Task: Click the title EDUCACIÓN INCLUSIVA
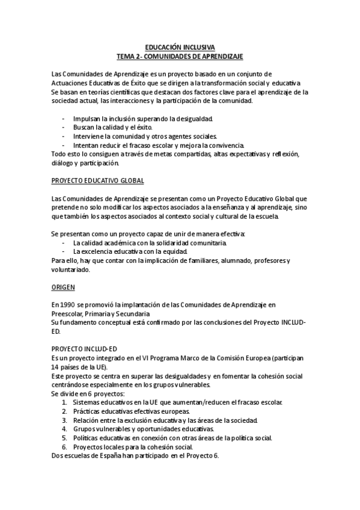point(180,46)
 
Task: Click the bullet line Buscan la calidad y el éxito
point(113,127)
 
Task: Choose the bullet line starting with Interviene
point(145,137)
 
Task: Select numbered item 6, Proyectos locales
point(133,447)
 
